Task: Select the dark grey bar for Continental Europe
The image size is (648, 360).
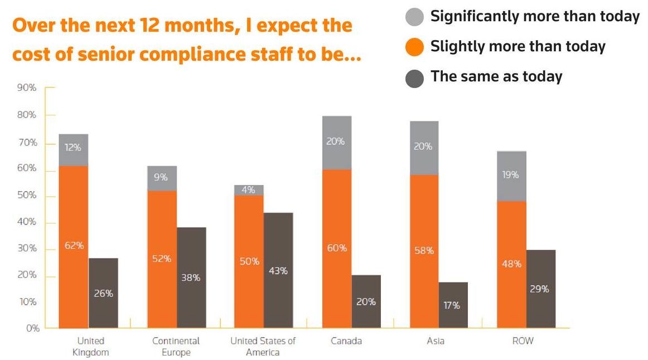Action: [x=191, y=277]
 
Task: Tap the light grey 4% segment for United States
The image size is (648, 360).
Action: [x=249, y=190]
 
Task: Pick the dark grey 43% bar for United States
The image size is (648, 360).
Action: [x=278, y=270]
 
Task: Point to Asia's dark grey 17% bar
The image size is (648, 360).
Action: [x=453, y=305]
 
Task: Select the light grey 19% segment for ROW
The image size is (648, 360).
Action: [x=511, y=176]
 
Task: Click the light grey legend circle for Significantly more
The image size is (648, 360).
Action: [x=414, y=17]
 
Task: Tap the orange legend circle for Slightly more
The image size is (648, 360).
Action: [x=414, y=47]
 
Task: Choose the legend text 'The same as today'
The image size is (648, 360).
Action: [x=496, y=76]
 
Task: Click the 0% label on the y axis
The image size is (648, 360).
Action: [x=32, y=328]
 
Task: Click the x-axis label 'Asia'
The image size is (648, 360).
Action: [x=435, y=341]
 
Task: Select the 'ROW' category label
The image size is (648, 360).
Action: [x=523, y=341]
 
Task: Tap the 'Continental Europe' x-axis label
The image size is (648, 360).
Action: [x=176, y=347]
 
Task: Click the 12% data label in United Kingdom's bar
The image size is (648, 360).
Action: [x=73, y=148]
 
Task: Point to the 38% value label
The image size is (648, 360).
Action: [x=191, y=278]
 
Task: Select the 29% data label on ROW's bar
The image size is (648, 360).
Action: [x=540, y=289]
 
